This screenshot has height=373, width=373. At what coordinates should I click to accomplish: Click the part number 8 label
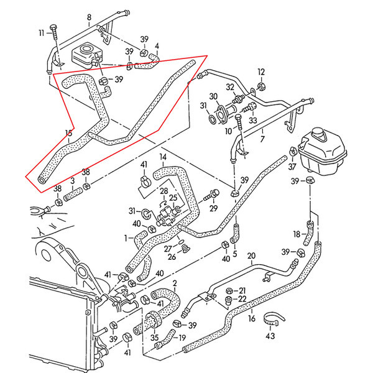click(x=89, y=17)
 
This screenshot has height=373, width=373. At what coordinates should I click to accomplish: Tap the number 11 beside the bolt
click(x=42, y=32)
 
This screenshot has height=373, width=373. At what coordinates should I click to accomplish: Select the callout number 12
click(x=261, y=71)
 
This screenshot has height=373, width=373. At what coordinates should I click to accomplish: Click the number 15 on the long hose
click(x=68, y=132)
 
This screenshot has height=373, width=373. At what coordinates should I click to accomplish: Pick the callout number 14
click(x=163, y=157)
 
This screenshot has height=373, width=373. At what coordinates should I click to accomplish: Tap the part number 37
click(x=292, y=167)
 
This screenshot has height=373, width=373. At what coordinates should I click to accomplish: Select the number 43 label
click(x=270, y=336)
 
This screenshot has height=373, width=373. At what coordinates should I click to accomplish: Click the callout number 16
click(x=251, y=318)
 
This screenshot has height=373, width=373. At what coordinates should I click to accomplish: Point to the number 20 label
click(x=251, y=256)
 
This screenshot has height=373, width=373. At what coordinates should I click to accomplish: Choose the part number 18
click(x=297, y=234)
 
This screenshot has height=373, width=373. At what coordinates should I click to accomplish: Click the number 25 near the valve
click(x=173, y=198)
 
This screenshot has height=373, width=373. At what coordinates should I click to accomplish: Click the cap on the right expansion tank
click(x=318, y=132)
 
